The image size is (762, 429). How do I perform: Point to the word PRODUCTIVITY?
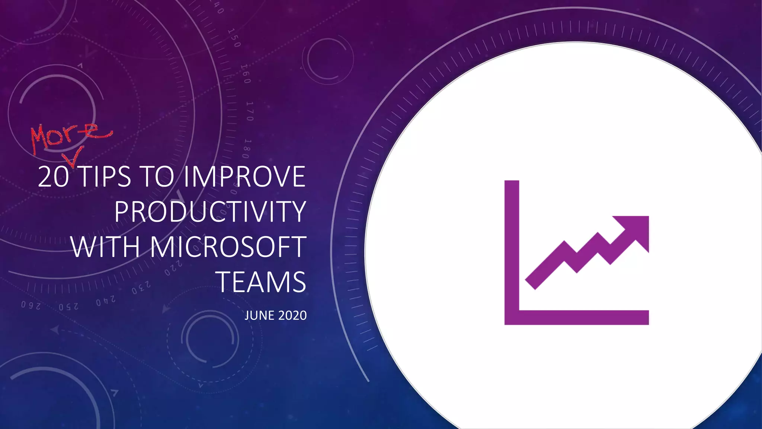click(x=210, y=212)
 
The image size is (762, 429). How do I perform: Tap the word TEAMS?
click(x=261, y=282)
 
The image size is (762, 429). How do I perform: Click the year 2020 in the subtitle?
click(x=292, y=315)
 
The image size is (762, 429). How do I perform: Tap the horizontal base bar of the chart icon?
click(x=577, y=317)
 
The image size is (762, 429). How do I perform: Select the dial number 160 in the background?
click(x=246, y=74)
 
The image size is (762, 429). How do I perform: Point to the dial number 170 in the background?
click(x=250, y=111)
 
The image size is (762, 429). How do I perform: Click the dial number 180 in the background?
click(x=247, y=149)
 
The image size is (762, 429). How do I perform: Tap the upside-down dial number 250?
click(x=69, y=307)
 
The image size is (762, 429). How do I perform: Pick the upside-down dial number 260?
click(x=31, y=305)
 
